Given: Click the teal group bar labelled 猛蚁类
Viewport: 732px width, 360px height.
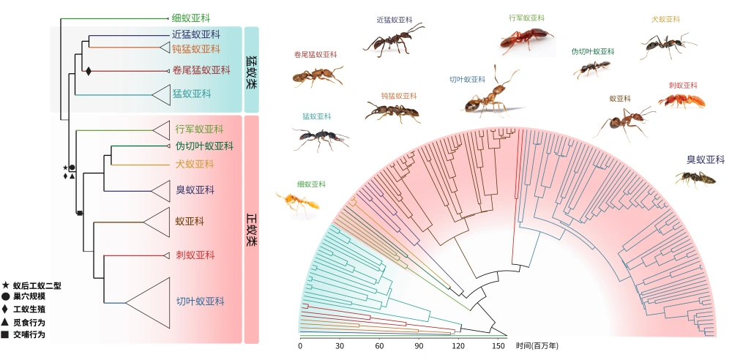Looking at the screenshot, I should (x=252, y=71).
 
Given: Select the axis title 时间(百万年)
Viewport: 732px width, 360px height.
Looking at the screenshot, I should (x=537, y=345).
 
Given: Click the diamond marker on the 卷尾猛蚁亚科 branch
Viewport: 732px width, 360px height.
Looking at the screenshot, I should (x=89, y=71).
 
